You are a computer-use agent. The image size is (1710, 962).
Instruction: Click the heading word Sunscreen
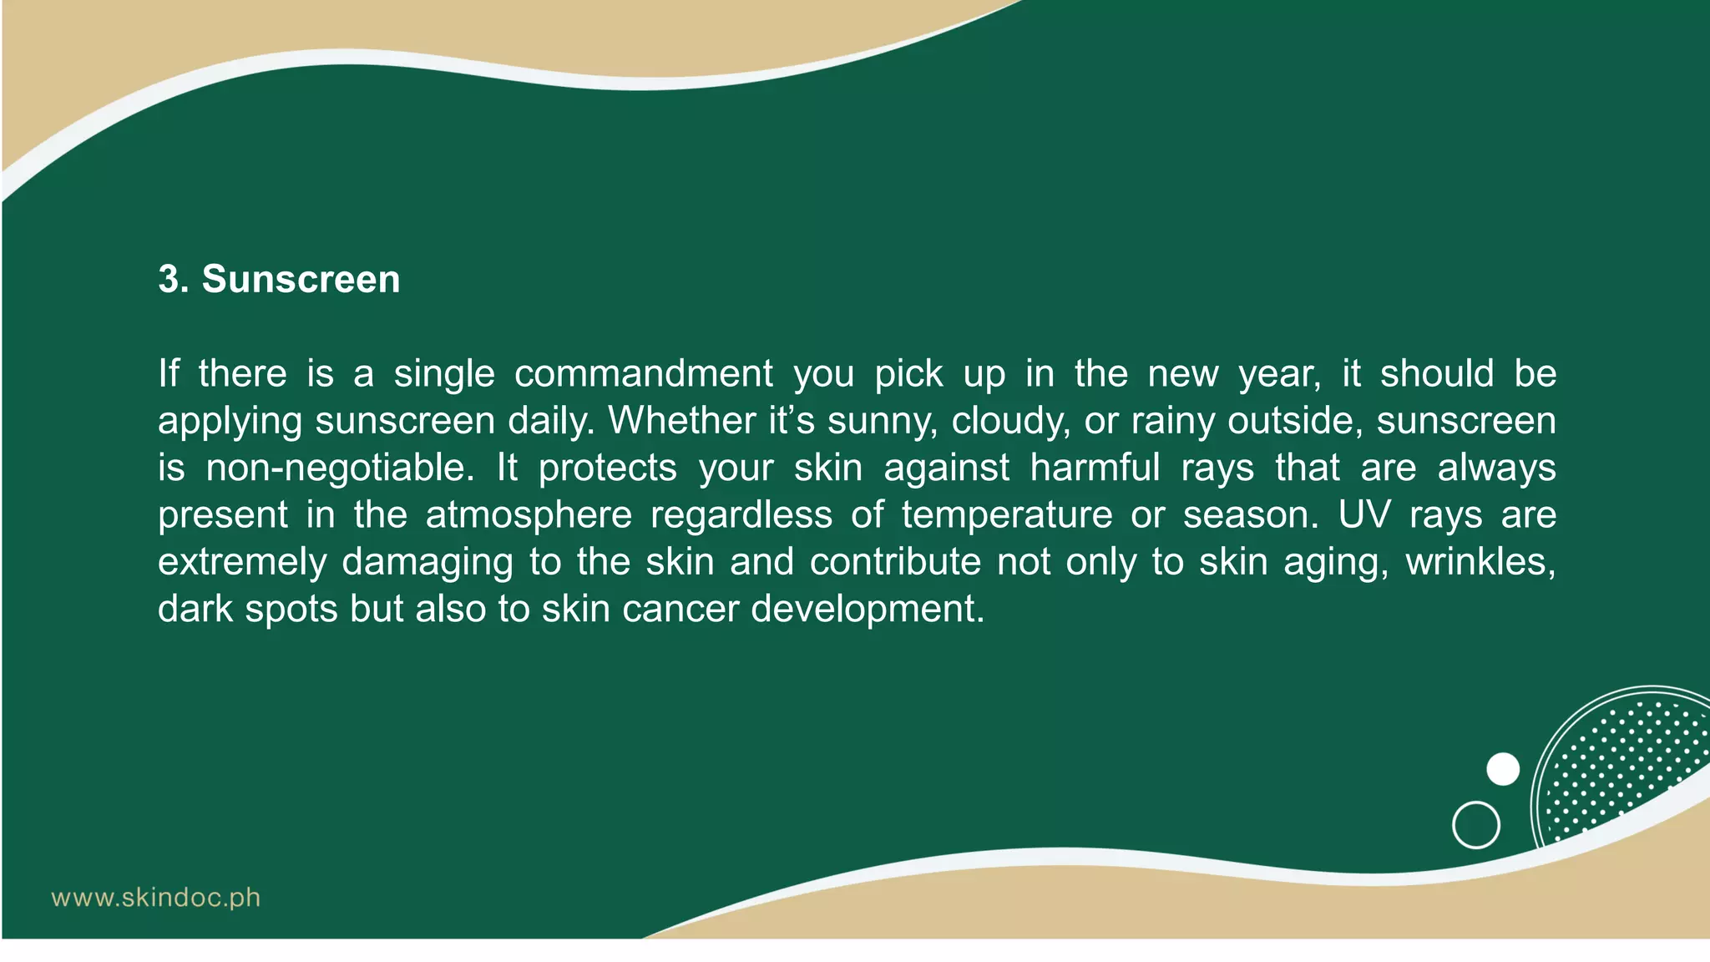[x=301, y=279]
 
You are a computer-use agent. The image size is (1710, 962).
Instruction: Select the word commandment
[x=643, y=373]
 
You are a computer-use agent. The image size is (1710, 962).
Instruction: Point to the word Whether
[x=680, y=420]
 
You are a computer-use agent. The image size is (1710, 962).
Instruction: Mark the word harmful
[x=1095, y=468]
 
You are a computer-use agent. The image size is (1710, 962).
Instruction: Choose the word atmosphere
[x=529, y=514]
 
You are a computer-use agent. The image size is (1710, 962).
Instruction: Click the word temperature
[x=1007, y=514]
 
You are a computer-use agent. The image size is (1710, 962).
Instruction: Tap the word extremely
[x=242, y=562]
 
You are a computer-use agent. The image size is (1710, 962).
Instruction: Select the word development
[x=868, y=609]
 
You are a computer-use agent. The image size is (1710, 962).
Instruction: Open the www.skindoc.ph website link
[x=156, y=899]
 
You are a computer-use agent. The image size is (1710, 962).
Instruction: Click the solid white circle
[x=1503, y=769]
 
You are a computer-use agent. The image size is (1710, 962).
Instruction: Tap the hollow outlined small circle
[x=1476, y=825]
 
